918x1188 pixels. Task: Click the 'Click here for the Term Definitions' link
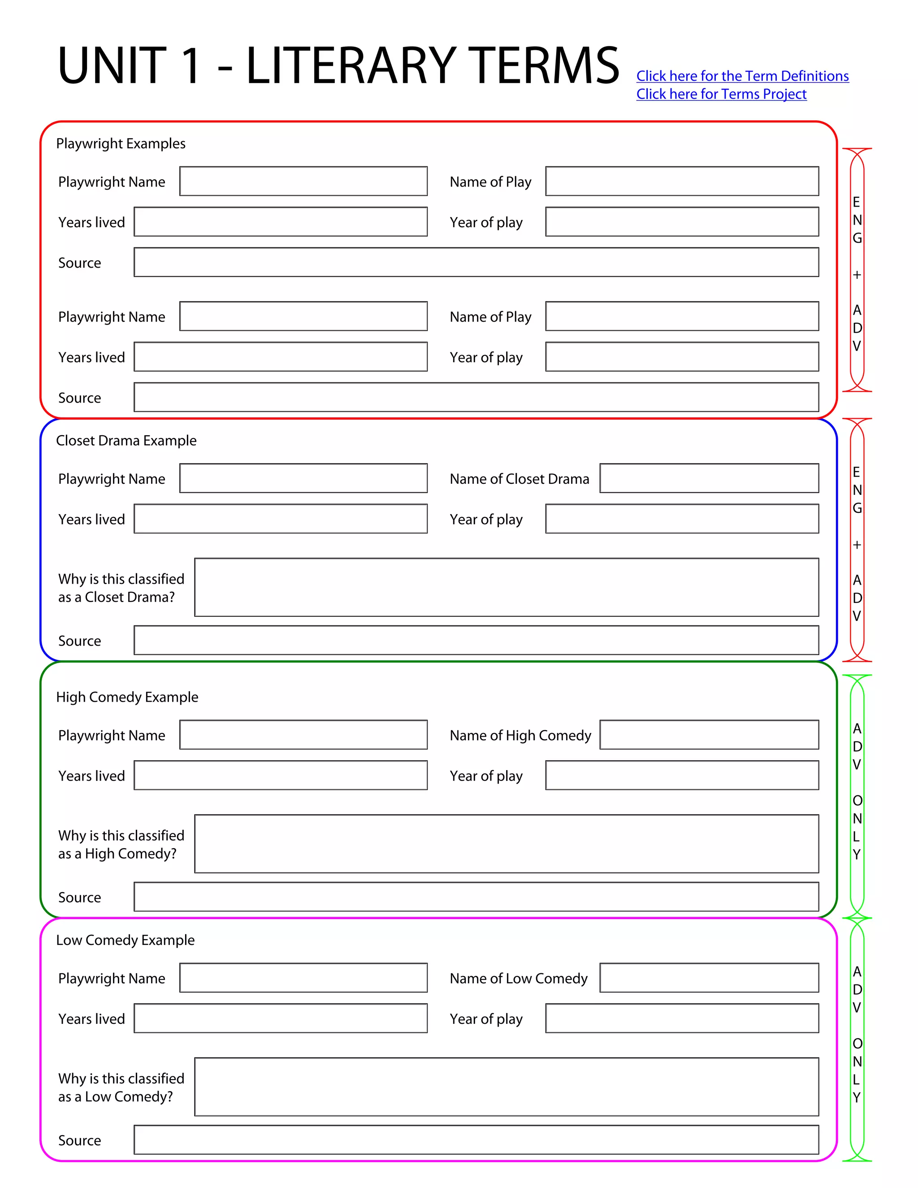[x=742, y=76]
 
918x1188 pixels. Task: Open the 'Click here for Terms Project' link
[x=721, y=94]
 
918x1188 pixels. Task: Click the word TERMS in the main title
[x=542, y=66]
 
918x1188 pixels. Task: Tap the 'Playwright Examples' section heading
[x=121, y=143]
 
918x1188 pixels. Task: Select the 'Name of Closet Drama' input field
[x=709, y=478]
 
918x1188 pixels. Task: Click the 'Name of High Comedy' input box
[x=709, y=735]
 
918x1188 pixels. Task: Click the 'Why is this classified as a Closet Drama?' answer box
[x=507, y=587]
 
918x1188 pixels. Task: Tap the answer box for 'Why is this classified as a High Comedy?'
[x=507, y=844]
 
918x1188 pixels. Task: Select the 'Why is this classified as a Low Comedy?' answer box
[x=507, y=1087]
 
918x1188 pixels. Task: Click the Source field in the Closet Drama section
[x=476, y=640]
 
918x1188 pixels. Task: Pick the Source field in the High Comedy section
[x=476, y=897]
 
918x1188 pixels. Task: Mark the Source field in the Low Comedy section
[x=476, y=1140]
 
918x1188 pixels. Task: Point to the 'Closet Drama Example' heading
[x=126, y=441]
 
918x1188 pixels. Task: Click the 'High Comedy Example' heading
[x=127, y=698]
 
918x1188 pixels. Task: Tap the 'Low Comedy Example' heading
[x=125, y=941]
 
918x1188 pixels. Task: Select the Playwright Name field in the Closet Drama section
[x=303, y=478]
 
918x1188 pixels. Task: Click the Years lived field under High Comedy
[x=281, y=775]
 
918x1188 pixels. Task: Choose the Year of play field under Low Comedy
[x=682, y=1018]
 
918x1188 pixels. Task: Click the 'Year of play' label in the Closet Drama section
[x=485, y=520]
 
